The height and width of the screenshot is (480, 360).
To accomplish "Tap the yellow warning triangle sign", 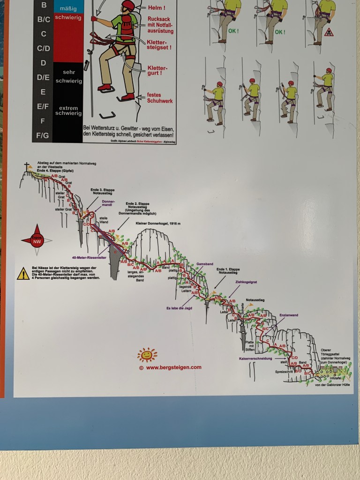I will [23, 274].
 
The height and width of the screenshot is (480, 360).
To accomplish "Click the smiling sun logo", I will [147, 355].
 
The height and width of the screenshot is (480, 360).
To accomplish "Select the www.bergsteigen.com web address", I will [173, 367].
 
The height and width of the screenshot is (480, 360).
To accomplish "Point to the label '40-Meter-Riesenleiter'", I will [90, 257].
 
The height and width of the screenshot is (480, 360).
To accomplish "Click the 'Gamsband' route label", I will [205, 264].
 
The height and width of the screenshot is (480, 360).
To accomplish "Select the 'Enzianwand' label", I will [288, 315].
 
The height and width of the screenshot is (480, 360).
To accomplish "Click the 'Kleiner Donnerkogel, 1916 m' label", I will [157, 224].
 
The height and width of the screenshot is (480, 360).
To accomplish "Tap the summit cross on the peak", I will [27, 166].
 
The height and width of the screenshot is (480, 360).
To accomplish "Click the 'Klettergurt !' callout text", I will [157, 71].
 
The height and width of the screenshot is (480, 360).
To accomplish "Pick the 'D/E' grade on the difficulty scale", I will [43, 77].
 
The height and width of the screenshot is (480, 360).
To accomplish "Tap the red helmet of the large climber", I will [128, 5].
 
